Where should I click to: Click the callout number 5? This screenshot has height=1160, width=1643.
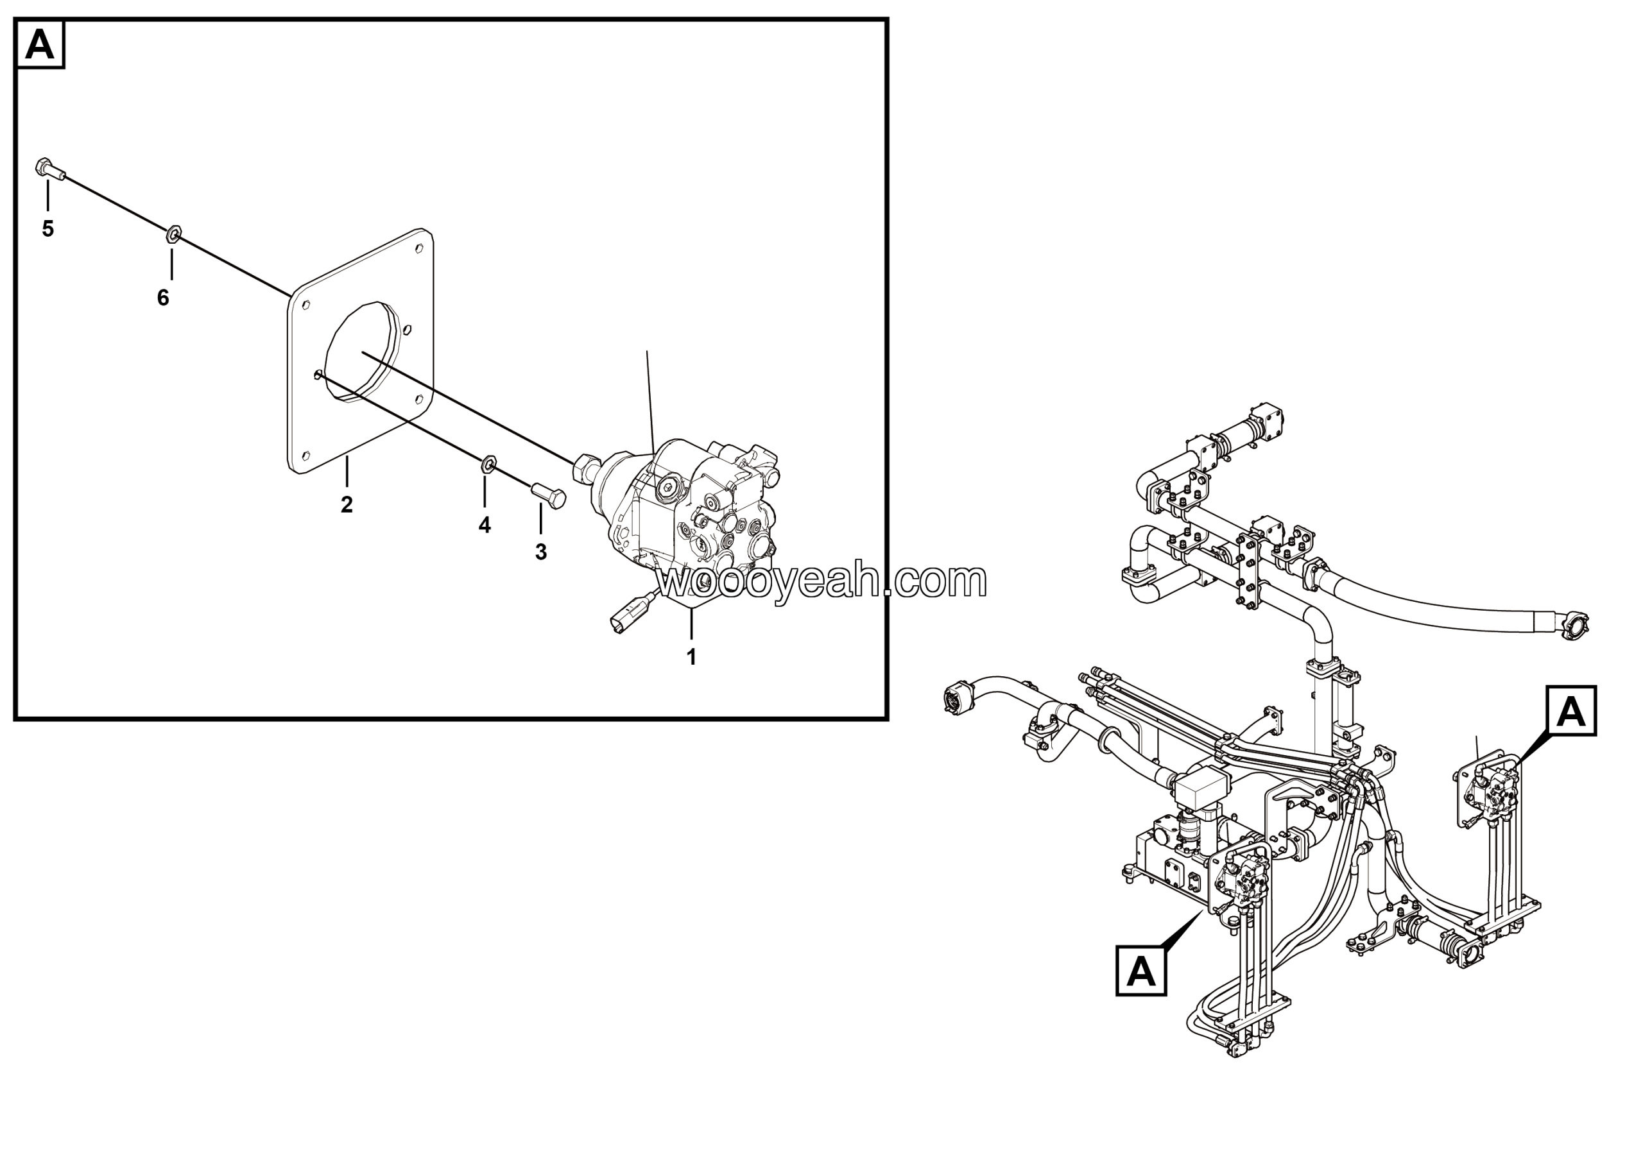tap(48, 229)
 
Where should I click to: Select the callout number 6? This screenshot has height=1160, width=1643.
tap(163, 298)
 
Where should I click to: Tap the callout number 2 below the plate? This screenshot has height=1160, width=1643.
tap(347, 505)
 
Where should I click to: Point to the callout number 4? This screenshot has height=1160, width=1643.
tap(485, 525)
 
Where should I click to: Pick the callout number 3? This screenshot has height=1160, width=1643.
tap(541, 552)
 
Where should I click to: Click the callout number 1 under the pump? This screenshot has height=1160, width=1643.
tap(691, 657)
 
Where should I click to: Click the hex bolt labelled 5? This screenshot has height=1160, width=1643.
tap(49, 169)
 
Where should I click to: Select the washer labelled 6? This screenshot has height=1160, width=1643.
tap(173, 234)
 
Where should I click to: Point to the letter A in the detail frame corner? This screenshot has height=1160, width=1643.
tap(40, 45)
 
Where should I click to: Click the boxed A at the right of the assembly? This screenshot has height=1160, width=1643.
tap(1572, 711)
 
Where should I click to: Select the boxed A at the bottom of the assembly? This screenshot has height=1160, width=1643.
tap(1141, 971)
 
